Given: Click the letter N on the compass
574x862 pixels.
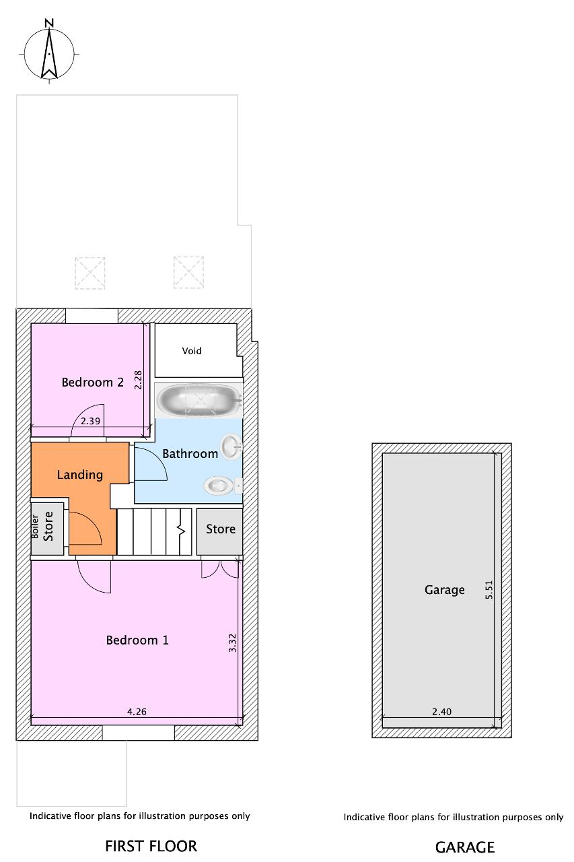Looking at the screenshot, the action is pyautogui.click(x=49, y=23).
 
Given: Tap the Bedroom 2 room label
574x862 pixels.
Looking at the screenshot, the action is pyautogui.click(x=93, y=382).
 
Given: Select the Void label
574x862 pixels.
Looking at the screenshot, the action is pyautogui.click(x=192, y=351).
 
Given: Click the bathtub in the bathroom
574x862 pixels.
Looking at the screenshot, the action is pyautogui.click(x=198, y=400).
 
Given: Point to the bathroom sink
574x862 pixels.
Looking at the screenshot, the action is pyautogui.click(x=231, y=446).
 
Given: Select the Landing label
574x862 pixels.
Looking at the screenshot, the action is pyautogui.click(x=80, y=475).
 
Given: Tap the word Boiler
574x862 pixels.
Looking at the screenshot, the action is pyautogui.click(x=34, y=527).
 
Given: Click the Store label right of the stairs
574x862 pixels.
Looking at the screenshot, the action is pyautogui.click(x=220, y=529).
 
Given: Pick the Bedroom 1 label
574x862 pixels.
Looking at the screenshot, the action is pyautogui.click(x=137, y=640).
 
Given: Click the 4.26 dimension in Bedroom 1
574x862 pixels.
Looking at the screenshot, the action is pyautogui.click(x=137, y=712).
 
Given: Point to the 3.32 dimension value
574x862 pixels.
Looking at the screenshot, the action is pyautogui.click(x=232, y=642).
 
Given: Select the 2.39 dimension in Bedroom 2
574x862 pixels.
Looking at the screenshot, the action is pyautogui.click(x=90, y=421).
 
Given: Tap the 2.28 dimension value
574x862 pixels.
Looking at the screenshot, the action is pyautogui.click(x=138, y=380).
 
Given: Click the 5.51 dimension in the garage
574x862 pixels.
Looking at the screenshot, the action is pyautogui.click(x=489, y=589).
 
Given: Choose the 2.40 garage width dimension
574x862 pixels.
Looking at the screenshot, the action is pyautogui.click(x=441, y=712).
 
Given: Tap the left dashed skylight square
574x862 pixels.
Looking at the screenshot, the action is pyautogui.click(x=90, y=273).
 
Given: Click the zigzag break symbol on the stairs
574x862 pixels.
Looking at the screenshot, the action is pyautogui.click(x=181, y=531).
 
